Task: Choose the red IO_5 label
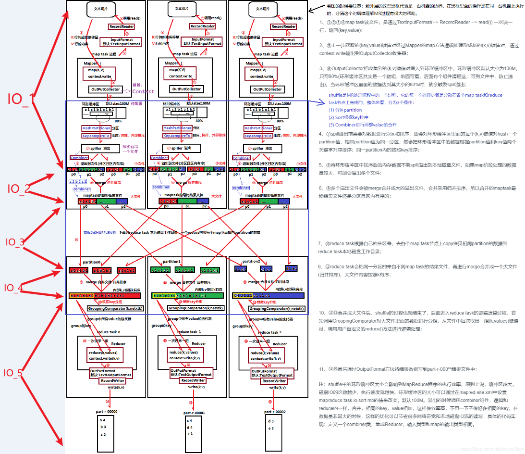coord(14,373)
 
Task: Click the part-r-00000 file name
coord(106,412)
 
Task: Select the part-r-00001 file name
coord(194,413)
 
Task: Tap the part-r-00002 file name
coord(275,412)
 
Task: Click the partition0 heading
coord(91,262)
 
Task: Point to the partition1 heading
coord(171,262)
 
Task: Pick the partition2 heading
coord(251,261)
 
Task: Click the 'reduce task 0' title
coord(109,332)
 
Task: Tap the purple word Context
coord(144,91)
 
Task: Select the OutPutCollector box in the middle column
coord(186,89)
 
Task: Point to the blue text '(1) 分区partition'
coord(345,110)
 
